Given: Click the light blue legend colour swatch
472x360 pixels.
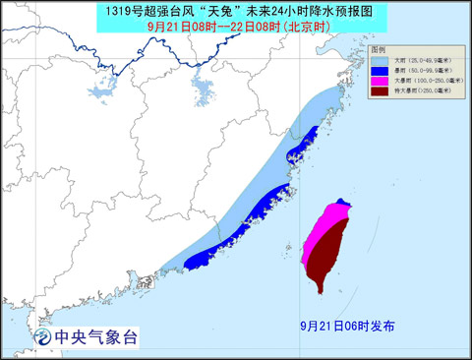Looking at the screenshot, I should pos(381,61).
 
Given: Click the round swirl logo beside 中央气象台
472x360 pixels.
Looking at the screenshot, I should pos(43,336).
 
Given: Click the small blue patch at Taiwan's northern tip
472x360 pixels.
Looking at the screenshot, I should pos(341,205).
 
